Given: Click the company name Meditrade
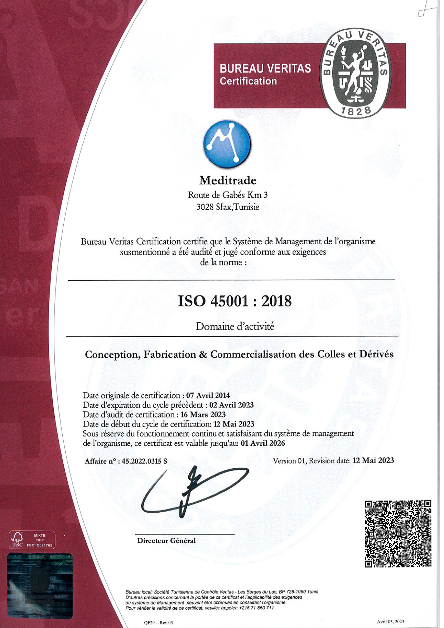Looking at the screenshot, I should coord(228,180).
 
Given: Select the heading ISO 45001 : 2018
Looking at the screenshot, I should coord(235,301).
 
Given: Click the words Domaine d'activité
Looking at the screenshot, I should coord(235,327).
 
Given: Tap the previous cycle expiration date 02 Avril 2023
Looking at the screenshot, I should coord(231,405).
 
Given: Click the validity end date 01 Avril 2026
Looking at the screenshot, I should coord(263,443).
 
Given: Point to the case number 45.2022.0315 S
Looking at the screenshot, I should coord(144,461).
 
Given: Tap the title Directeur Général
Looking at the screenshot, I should coord(166,541).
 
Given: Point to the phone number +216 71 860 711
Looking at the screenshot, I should coord(256,608).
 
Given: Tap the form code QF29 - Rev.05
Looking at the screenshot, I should coord(158,623).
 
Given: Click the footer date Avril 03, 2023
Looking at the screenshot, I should coord(390,622).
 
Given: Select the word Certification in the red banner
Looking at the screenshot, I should coord(248,81).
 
